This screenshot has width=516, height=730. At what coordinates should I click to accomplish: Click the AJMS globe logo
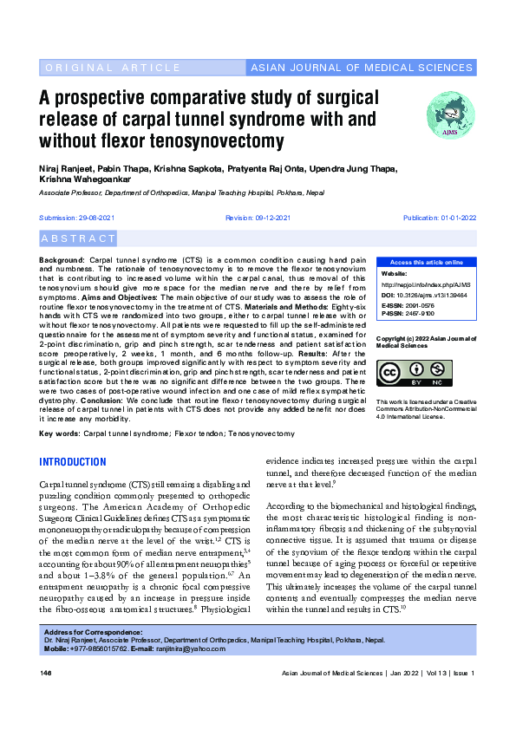click(451, 115)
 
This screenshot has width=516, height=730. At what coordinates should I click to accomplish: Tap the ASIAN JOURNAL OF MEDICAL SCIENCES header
click(362, 68)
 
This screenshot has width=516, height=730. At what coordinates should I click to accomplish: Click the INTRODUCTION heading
click(73, 461)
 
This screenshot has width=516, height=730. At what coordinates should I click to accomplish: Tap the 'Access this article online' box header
click(426, 262)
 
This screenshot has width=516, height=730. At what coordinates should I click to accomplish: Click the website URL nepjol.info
click(428, 284)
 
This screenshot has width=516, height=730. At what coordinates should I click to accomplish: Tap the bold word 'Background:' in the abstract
click(62, 260)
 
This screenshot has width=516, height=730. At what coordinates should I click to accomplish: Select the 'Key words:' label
click(60, 432)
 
